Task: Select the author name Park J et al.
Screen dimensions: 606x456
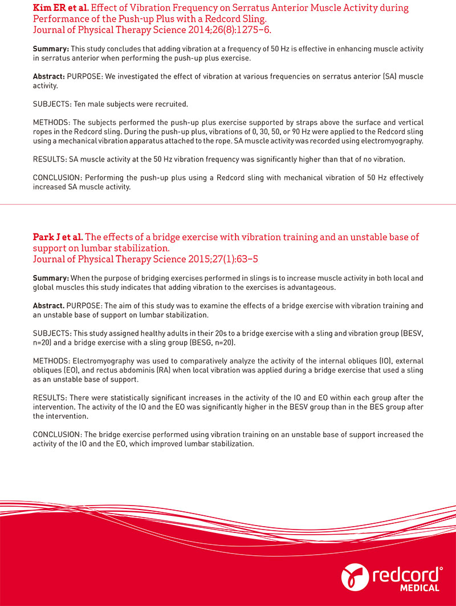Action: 58,237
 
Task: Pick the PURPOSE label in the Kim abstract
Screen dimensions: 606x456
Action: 85,76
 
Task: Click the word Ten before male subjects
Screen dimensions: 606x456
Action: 83,104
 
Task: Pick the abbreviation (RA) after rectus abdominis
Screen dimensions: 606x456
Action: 148,370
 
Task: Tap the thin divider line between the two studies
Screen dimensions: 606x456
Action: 228,204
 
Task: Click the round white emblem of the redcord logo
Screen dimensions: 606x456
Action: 352,577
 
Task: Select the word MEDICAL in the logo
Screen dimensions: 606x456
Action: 419,588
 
